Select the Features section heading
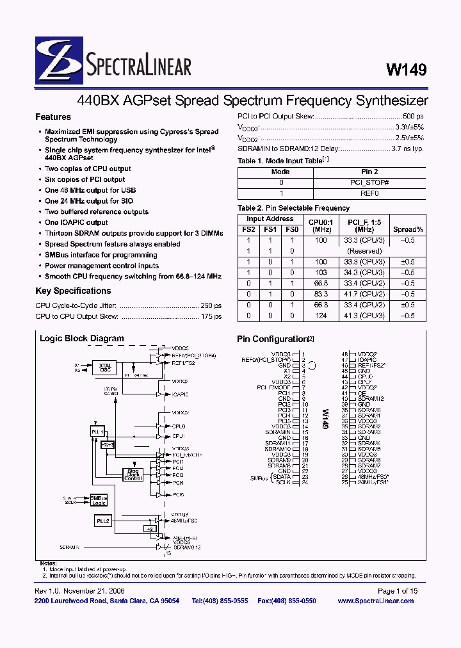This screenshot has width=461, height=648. click(53, 117)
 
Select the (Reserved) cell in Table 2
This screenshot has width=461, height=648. click(366, 251)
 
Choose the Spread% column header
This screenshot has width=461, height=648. click(408, 229)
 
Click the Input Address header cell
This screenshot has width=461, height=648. click(270, 219)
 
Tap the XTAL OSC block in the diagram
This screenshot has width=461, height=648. click(105, 368)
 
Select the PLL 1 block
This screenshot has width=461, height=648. click(97, 433)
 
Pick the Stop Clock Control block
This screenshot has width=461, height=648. click(133, 474)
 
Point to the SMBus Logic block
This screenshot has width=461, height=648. click(99, 500)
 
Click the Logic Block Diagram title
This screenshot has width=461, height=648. click(82, 339)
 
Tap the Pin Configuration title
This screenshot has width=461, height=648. click(272, 339)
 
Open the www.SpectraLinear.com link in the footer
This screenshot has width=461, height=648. click(378, 601)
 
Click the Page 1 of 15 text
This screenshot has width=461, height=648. click(397, 591)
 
